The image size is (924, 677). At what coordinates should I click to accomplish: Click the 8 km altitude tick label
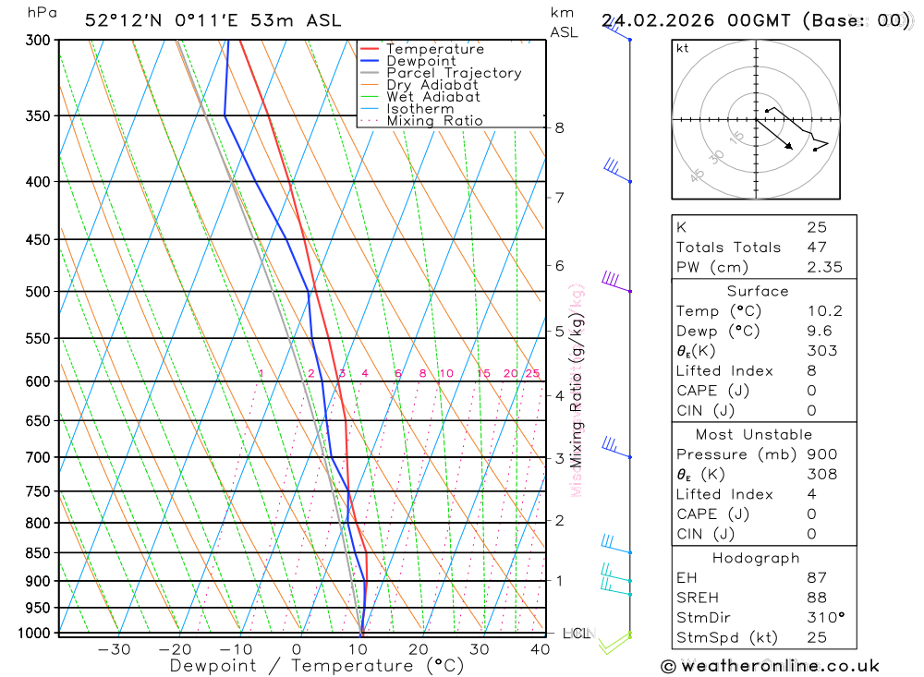point(559,127)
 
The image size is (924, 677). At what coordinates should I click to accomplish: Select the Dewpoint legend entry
point(420,61)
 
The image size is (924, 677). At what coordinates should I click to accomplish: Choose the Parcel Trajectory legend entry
point(453,73)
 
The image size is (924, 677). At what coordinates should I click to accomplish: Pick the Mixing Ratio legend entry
point(434,121)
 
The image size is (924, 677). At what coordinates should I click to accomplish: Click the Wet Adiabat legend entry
point(432,97)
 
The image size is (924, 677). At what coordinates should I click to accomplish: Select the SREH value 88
point(816,598)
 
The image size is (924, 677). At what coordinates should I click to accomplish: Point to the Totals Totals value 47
point(816,247)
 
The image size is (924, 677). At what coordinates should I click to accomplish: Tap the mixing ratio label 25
point(532,373)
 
